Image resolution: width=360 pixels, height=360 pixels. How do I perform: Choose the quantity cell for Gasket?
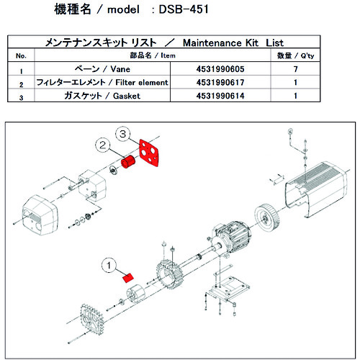(x=315, y=95)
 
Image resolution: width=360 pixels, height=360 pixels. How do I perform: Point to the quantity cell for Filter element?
(x=315, y=83)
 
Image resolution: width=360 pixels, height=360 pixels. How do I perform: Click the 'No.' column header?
(x=21, y=55)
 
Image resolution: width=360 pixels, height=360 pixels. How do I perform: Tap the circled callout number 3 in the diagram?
(x=123, y=135)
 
